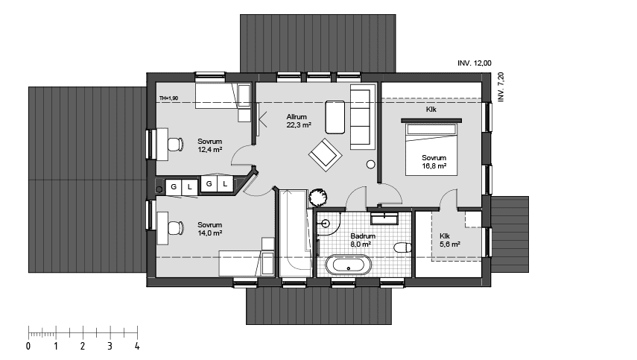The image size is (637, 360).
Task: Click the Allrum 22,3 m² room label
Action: (299, 121)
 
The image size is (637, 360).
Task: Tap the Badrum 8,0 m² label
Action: (363, 240)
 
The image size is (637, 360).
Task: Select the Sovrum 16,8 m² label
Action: (434, 162)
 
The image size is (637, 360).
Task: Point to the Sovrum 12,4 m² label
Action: (209, 145)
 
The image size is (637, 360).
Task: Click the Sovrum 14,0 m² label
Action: (209, 229)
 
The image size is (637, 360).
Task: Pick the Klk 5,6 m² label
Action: (450, 240)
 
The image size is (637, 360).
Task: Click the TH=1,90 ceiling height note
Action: (168, 98)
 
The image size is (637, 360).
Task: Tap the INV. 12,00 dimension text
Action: (475, 63)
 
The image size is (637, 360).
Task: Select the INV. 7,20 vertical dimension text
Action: (501, 87)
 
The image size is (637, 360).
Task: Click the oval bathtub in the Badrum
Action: (348, 265)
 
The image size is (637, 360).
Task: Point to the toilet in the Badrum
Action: (402, 247)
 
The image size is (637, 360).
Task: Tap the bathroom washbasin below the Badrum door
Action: (384, 218)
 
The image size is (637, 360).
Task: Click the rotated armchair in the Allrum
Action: (325, 155)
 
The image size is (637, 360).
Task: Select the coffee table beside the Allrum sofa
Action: (335, 117)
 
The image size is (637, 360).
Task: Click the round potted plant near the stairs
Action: (317, 198)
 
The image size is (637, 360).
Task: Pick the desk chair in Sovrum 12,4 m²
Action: (175, 145)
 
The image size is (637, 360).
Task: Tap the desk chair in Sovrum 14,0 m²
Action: (176, 227)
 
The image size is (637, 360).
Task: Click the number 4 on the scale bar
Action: (137, 346)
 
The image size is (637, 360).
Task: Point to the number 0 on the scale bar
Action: (28, 346)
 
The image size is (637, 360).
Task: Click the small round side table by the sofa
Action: (370, 165)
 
